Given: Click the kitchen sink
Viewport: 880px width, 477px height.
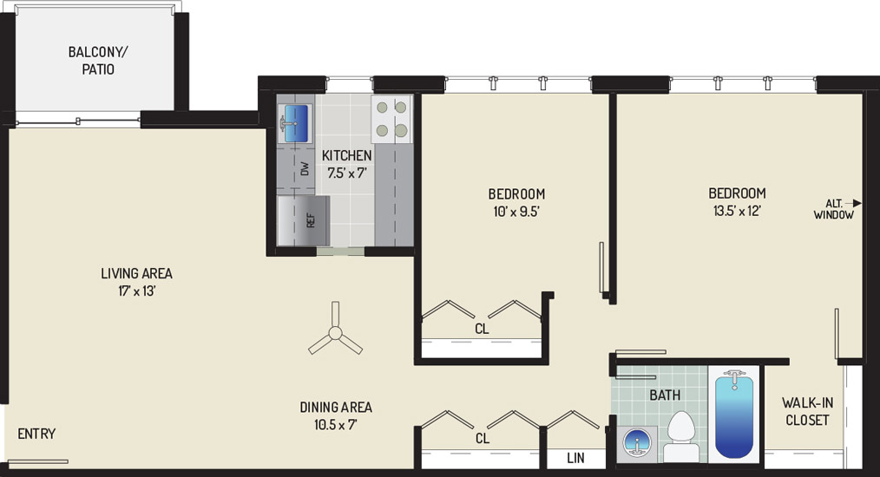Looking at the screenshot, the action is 296,123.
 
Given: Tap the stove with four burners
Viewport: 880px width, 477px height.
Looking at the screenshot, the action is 391,119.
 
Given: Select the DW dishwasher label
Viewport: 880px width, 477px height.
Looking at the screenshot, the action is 305,168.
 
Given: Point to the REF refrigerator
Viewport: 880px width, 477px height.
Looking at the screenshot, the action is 303,220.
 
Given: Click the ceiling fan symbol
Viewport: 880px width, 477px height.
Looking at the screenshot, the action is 335,333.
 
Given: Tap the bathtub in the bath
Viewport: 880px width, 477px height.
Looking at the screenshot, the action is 734,415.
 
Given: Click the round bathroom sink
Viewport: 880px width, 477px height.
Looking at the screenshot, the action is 640,441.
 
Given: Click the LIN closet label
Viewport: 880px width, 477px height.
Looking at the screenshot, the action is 575,458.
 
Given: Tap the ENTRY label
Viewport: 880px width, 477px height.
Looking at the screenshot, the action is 36,434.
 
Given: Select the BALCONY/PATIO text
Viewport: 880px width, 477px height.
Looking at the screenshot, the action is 98,61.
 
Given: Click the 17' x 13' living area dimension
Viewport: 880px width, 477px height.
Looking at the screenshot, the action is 136,291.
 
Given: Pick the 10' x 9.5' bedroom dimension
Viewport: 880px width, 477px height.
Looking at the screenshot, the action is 516,212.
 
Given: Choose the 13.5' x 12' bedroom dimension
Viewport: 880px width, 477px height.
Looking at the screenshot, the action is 737,211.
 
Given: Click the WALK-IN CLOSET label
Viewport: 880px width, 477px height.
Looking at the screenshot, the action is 808,411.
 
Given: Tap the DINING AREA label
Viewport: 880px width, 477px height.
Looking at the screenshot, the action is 336,408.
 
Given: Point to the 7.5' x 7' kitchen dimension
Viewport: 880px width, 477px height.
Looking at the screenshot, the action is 347,173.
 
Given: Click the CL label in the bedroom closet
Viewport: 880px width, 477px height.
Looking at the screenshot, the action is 482,329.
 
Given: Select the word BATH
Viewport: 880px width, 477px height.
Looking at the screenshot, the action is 665,395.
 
